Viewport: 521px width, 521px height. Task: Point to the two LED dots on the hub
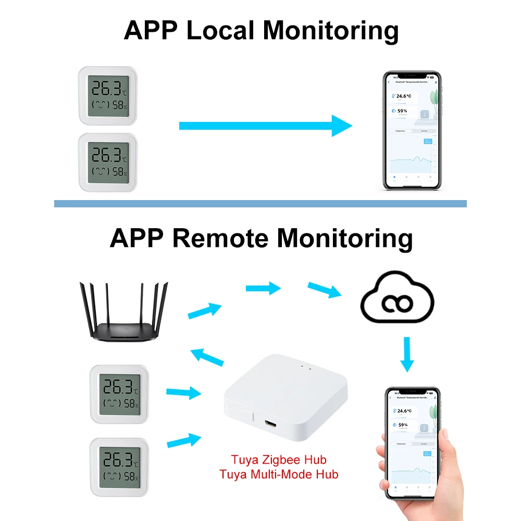[x=306, y=368]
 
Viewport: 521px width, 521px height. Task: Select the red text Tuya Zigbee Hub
[x=279, y=460]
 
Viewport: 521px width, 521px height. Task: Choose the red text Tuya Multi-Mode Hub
[x=279, y=474]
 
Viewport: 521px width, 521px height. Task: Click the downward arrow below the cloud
[x=407, y=353]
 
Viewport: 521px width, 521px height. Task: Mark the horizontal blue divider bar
[x=260, y=204]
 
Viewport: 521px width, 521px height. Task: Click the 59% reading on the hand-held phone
[x=403, y=425]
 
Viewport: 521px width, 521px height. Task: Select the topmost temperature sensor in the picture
[x=107, y=94]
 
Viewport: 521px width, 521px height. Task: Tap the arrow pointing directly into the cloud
[x=325, y=290]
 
